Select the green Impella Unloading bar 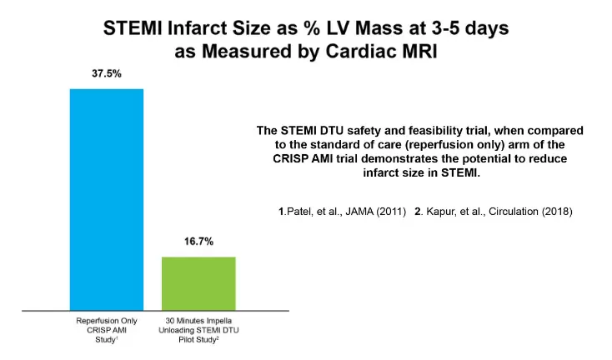[x=198, y=282]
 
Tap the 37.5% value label [x=107, y=73]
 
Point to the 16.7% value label [x=198, y=242]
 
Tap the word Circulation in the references [x=516, y=212]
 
